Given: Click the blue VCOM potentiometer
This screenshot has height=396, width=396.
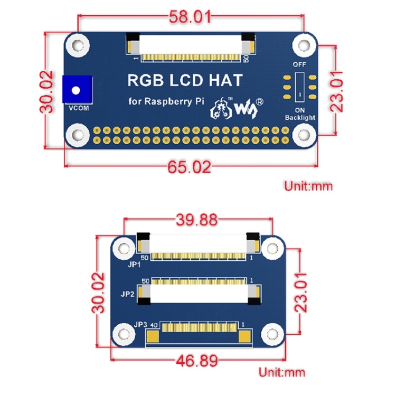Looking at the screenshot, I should point(77,89).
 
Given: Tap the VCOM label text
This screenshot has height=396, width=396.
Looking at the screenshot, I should point(77,109).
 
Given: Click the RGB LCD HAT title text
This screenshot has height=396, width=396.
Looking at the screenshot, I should point(185,80).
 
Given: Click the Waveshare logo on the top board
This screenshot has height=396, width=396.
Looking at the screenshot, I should point(237,107).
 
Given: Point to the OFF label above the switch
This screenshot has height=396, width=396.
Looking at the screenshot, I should point(299,64).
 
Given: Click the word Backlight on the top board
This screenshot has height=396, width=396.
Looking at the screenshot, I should point(299,117).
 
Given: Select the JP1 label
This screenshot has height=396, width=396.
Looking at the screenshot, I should point(135,265).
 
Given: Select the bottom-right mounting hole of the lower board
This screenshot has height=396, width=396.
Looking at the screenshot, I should point(271,334).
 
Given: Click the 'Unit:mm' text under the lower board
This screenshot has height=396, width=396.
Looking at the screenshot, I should point(281,372).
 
